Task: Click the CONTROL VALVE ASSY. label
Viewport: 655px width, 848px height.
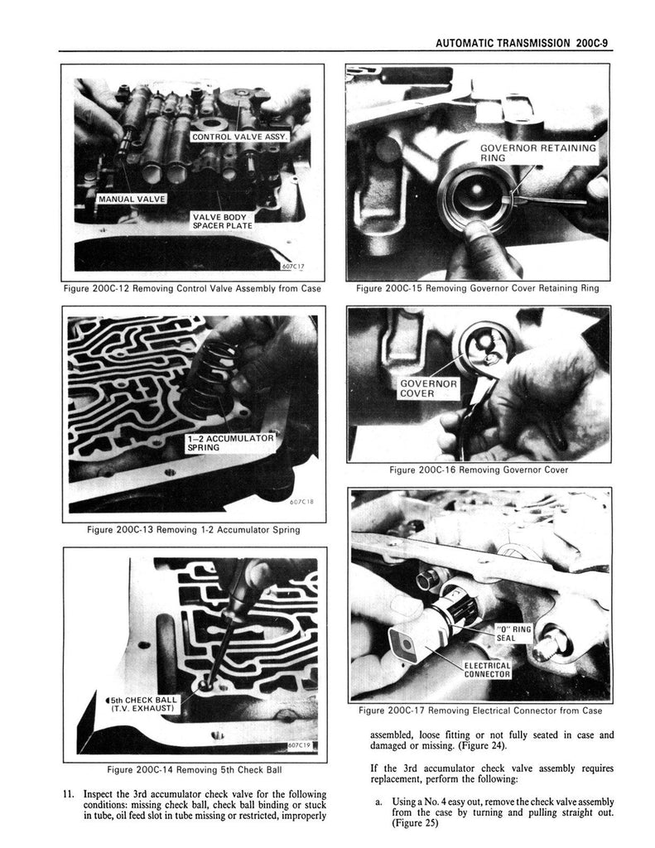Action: pos(239,137)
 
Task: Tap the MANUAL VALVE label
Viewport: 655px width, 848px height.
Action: pos(132,199)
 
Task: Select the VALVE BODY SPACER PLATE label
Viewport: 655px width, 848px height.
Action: pos(222,220)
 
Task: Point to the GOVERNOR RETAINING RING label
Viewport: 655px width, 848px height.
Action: pos(538,152)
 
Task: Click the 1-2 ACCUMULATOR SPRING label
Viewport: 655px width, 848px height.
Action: pos(230,442)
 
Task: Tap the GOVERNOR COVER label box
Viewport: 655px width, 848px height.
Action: pos(429,388)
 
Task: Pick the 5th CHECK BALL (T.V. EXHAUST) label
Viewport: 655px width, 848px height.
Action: pos(142,704)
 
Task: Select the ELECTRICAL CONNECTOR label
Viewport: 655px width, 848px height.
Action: pos(487,669)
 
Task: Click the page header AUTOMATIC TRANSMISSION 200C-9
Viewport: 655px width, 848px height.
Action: pos(523,43)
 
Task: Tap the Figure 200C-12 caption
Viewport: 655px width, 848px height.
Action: pos(192,288)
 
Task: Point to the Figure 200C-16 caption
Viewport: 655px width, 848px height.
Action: pos(479,470)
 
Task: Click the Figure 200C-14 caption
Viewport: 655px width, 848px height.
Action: pos(194,769)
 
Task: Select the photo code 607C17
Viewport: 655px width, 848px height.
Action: pos(294,266)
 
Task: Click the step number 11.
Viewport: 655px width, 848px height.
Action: pos(69,794)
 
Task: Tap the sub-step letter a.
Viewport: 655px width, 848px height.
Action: pos(378,802)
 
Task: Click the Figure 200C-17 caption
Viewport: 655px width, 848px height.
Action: pos(480,710)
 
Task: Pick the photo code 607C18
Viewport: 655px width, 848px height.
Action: pos(301,501)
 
